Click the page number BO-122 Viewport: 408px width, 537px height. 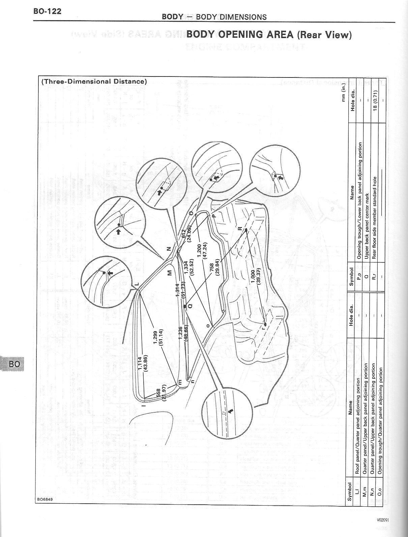pos(47,11)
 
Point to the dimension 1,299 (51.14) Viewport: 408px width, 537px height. pos(158,337)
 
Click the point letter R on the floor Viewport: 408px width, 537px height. pos(240,228)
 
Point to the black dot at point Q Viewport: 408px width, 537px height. pos(185,307)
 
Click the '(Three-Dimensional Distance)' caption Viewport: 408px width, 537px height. pos(94,82)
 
